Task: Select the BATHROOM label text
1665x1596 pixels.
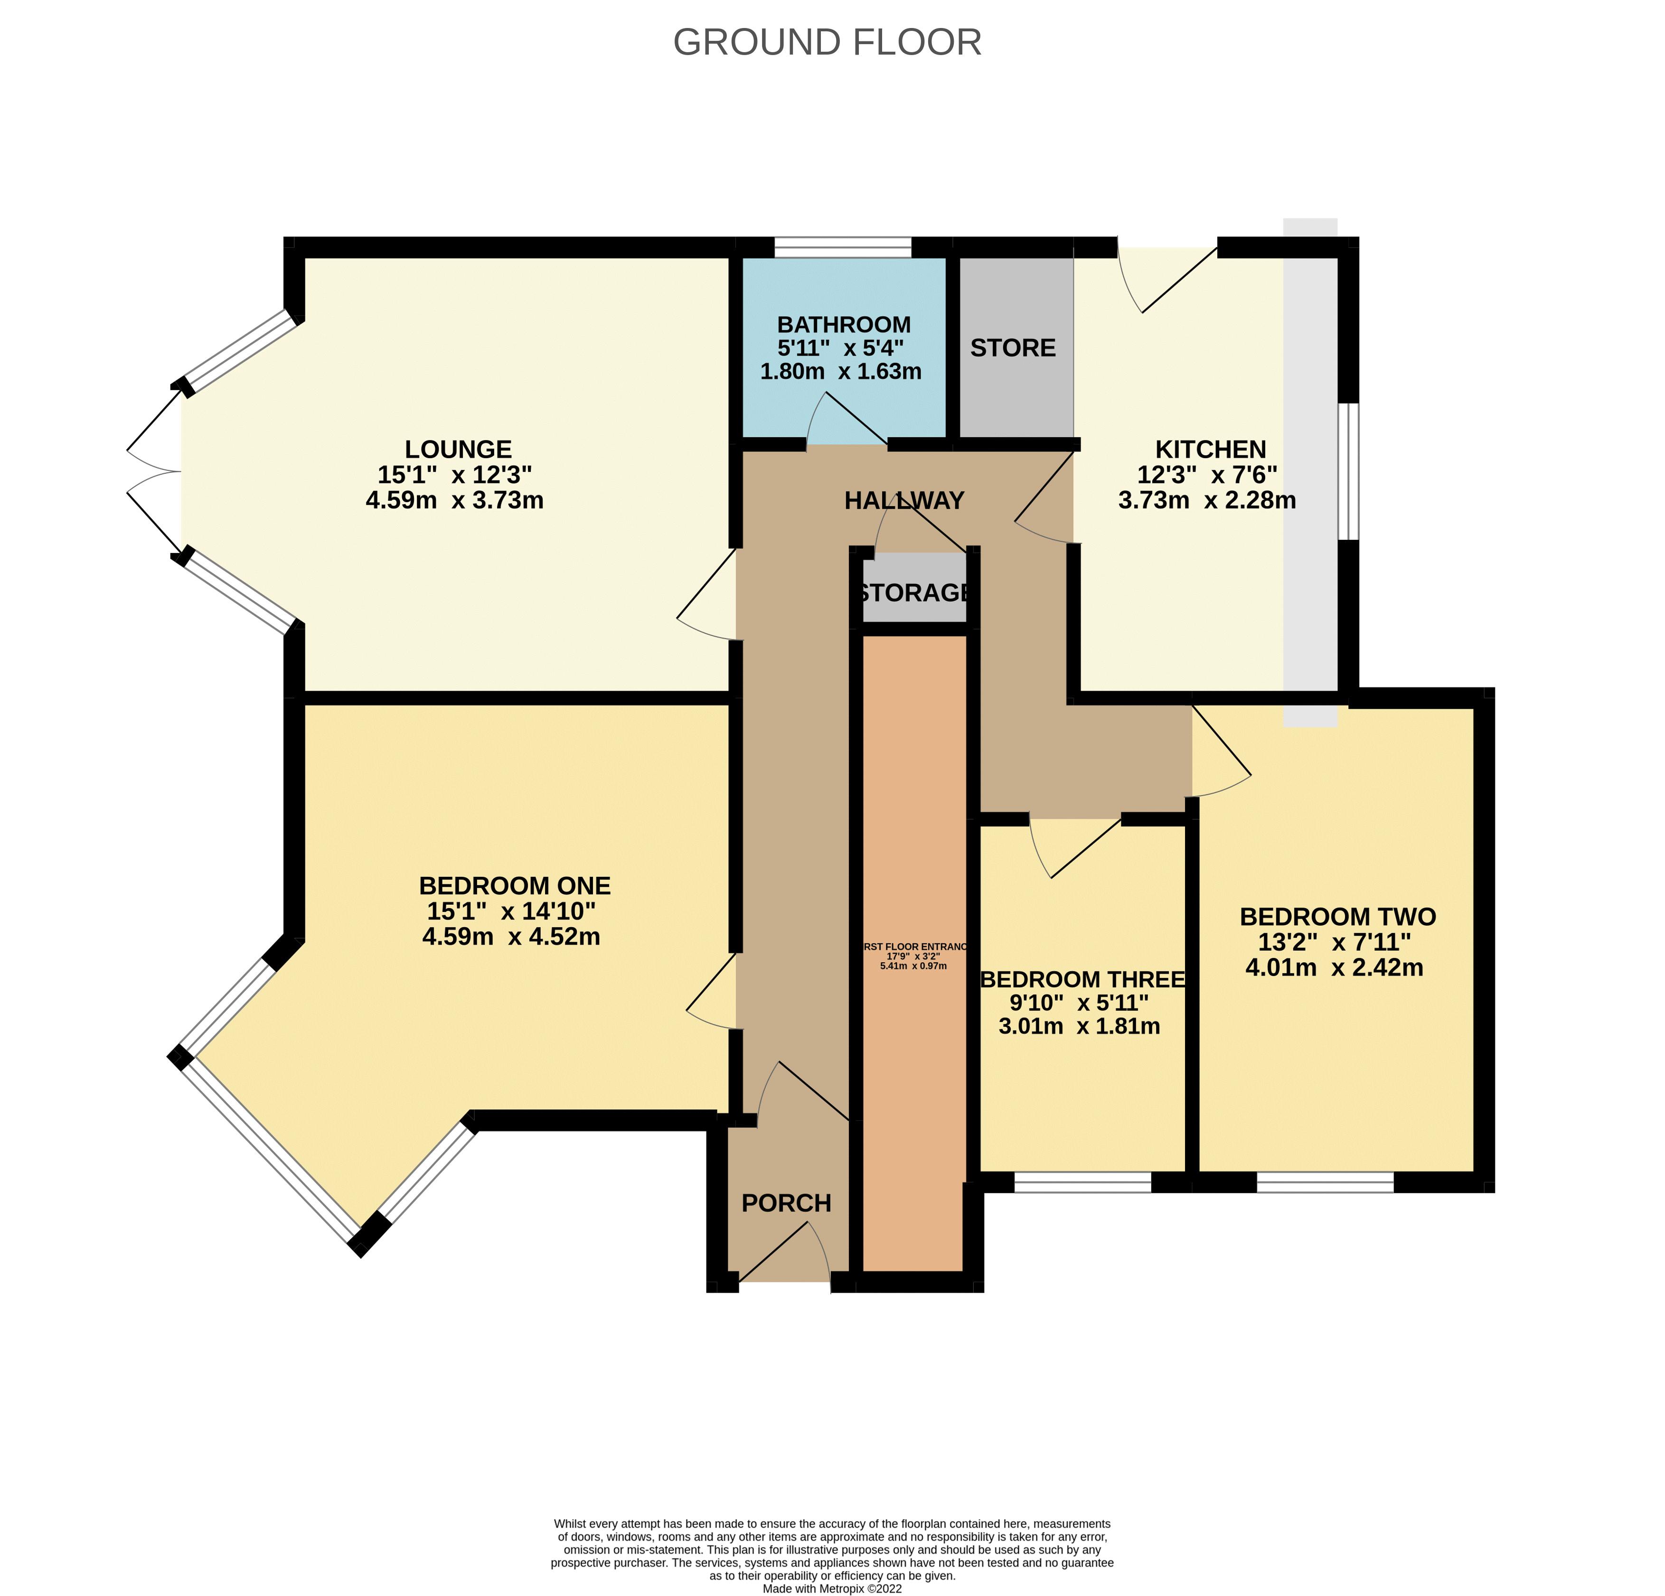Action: click(844, 324)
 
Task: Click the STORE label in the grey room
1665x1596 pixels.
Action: click(1013, 347)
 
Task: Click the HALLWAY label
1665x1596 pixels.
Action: click(904, 500)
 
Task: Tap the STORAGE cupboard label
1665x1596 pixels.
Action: click(913, 592)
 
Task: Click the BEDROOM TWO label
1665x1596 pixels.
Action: click(1337, 917)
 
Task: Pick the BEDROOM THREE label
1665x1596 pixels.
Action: click(1083, 979)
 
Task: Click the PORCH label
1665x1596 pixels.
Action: click(786, 1203)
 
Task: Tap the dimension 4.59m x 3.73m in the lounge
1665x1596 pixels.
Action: click(454, 500)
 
